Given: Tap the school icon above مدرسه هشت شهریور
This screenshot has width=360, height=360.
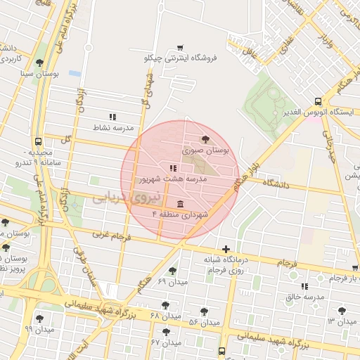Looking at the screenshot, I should [x=173, y=168].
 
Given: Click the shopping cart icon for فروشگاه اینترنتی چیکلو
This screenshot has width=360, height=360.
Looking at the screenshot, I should [x=180, y=47].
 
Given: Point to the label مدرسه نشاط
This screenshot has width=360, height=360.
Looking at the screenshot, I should [x=113, y=128].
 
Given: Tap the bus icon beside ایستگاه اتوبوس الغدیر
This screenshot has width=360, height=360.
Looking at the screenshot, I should [x=318, y=101].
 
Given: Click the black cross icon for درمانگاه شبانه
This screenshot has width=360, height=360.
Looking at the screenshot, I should [x=226, y=248].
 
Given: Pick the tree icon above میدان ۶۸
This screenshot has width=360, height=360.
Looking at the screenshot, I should [x=165, y=304].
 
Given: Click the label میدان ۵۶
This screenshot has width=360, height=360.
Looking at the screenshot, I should [x=205, y=322].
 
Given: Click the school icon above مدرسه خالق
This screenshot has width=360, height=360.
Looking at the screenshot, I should [x=304, y=286].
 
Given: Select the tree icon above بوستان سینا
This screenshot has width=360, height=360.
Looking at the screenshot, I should [x=39, y=63].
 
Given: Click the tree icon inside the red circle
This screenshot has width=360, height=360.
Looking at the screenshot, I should [x=205, y=139].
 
